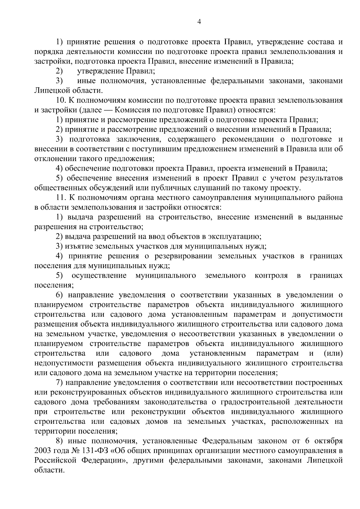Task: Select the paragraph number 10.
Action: (x=60, y=100)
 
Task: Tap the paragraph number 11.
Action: (x=60, y=198)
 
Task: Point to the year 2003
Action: (x=43, y=451)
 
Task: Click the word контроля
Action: (x=271, y=276)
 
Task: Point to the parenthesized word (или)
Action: (x=333, y=353)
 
